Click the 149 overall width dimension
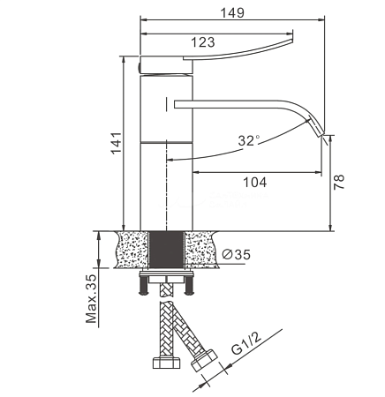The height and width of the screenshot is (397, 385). pyautogui.click(x=232, y=12)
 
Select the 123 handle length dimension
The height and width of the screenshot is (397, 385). pyautogui.click(x=203, y=42)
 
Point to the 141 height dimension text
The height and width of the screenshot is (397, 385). pyautogui.click(x=117, y=143)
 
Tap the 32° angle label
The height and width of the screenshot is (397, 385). pyautogui.click(x=249, y=140)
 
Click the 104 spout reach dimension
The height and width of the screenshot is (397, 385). pyautogui.click(x=255, y=183)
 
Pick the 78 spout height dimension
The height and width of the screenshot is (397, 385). pyautogui.click(x=339, y=182)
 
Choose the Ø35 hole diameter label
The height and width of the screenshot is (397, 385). pyautogui.click(x=236, y=254)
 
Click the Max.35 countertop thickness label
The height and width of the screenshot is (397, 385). pyautogui.click(x=91, y=299)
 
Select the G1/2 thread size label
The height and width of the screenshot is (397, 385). pyautogui.click(x=246, y=344)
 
